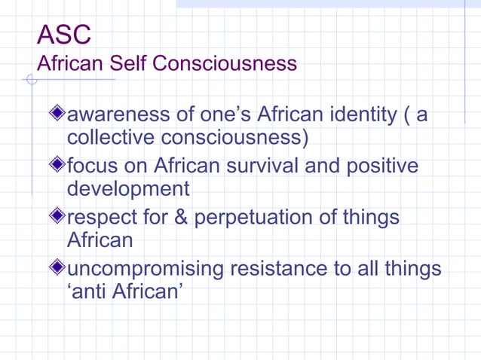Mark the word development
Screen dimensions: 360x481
[128, 189]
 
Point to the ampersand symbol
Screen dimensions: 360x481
[181, 218]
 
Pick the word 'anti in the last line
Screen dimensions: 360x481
[87, 291]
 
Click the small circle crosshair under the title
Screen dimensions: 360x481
[30, 80]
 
